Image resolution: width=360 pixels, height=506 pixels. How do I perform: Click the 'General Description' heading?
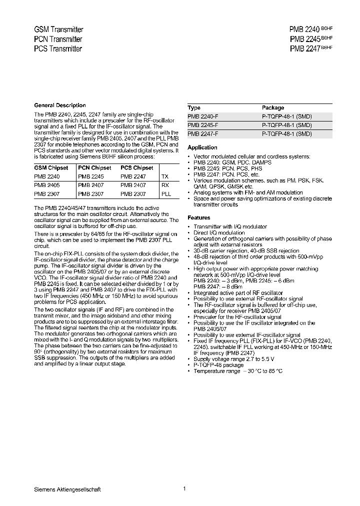tap(59, 105)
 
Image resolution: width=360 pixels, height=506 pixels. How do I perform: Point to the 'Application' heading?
tap(202, 147)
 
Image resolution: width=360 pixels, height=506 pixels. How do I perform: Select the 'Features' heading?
tap(198, 217)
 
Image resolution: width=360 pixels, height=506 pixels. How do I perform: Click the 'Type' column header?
tap(194, 107)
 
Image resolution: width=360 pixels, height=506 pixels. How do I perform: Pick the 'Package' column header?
tap(273, 107)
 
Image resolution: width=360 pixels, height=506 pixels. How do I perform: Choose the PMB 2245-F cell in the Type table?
tap(202, 125)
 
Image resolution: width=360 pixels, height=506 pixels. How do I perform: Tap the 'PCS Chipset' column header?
tap(137, 168)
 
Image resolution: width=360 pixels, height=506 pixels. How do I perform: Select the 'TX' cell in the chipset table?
tap(165, 176)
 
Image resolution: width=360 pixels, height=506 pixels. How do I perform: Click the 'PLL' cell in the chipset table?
tap(166, 194)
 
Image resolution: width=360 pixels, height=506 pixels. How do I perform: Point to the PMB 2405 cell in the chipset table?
tap(46, 185)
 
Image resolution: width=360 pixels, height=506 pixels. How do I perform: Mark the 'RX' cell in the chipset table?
tap(165, 185)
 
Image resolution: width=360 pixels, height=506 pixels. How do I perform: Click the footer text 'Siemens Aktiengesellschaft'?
tap(67, 489)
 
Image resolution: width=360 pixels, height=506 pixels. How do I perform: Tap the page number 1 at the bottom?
tap(184, 488)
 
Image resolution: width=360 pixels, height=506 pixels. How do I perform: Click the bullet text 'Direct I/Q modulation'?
tap(219, 232)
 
